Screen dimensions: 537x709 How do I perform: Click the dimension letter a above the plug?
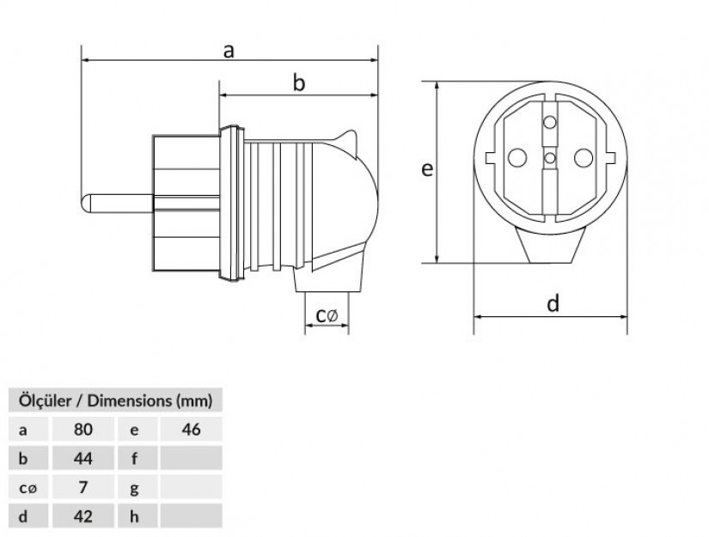(229, 50)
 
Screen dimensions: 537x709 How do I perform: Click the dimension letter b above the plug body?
(299, 82)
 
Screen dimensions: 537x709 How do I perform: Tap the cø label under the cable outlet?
(327, 316)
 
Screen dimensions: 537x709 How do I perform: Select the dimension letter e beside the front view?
(425, 169)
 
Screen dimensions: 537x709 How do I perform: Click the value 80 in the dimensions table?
(83, 430)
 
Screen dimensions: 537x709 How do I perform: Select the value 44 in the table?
(83, 458)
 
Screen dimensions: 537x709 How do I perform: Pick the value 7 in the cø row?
(83, 487)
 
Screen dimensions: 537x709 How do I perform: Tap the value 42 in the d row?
(83, 516)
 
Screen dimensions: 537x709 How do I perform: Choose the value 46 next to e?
(191, 430)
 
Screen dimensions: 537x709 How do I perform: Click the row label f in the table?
(135, 458)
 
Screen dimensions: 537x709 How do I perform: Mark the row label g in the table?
(135, 487)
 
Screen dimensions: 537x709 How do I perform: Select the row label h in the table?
(135, 516)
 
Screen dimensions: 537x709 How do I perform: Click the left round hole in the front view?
(517, 158)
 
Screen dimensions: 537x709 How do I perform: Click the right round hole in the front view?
(582, 158)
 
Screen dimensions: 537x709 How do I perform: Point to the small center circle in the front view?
(550, 158)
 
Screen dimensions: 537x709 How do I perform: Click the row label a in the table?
(22, 430)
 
